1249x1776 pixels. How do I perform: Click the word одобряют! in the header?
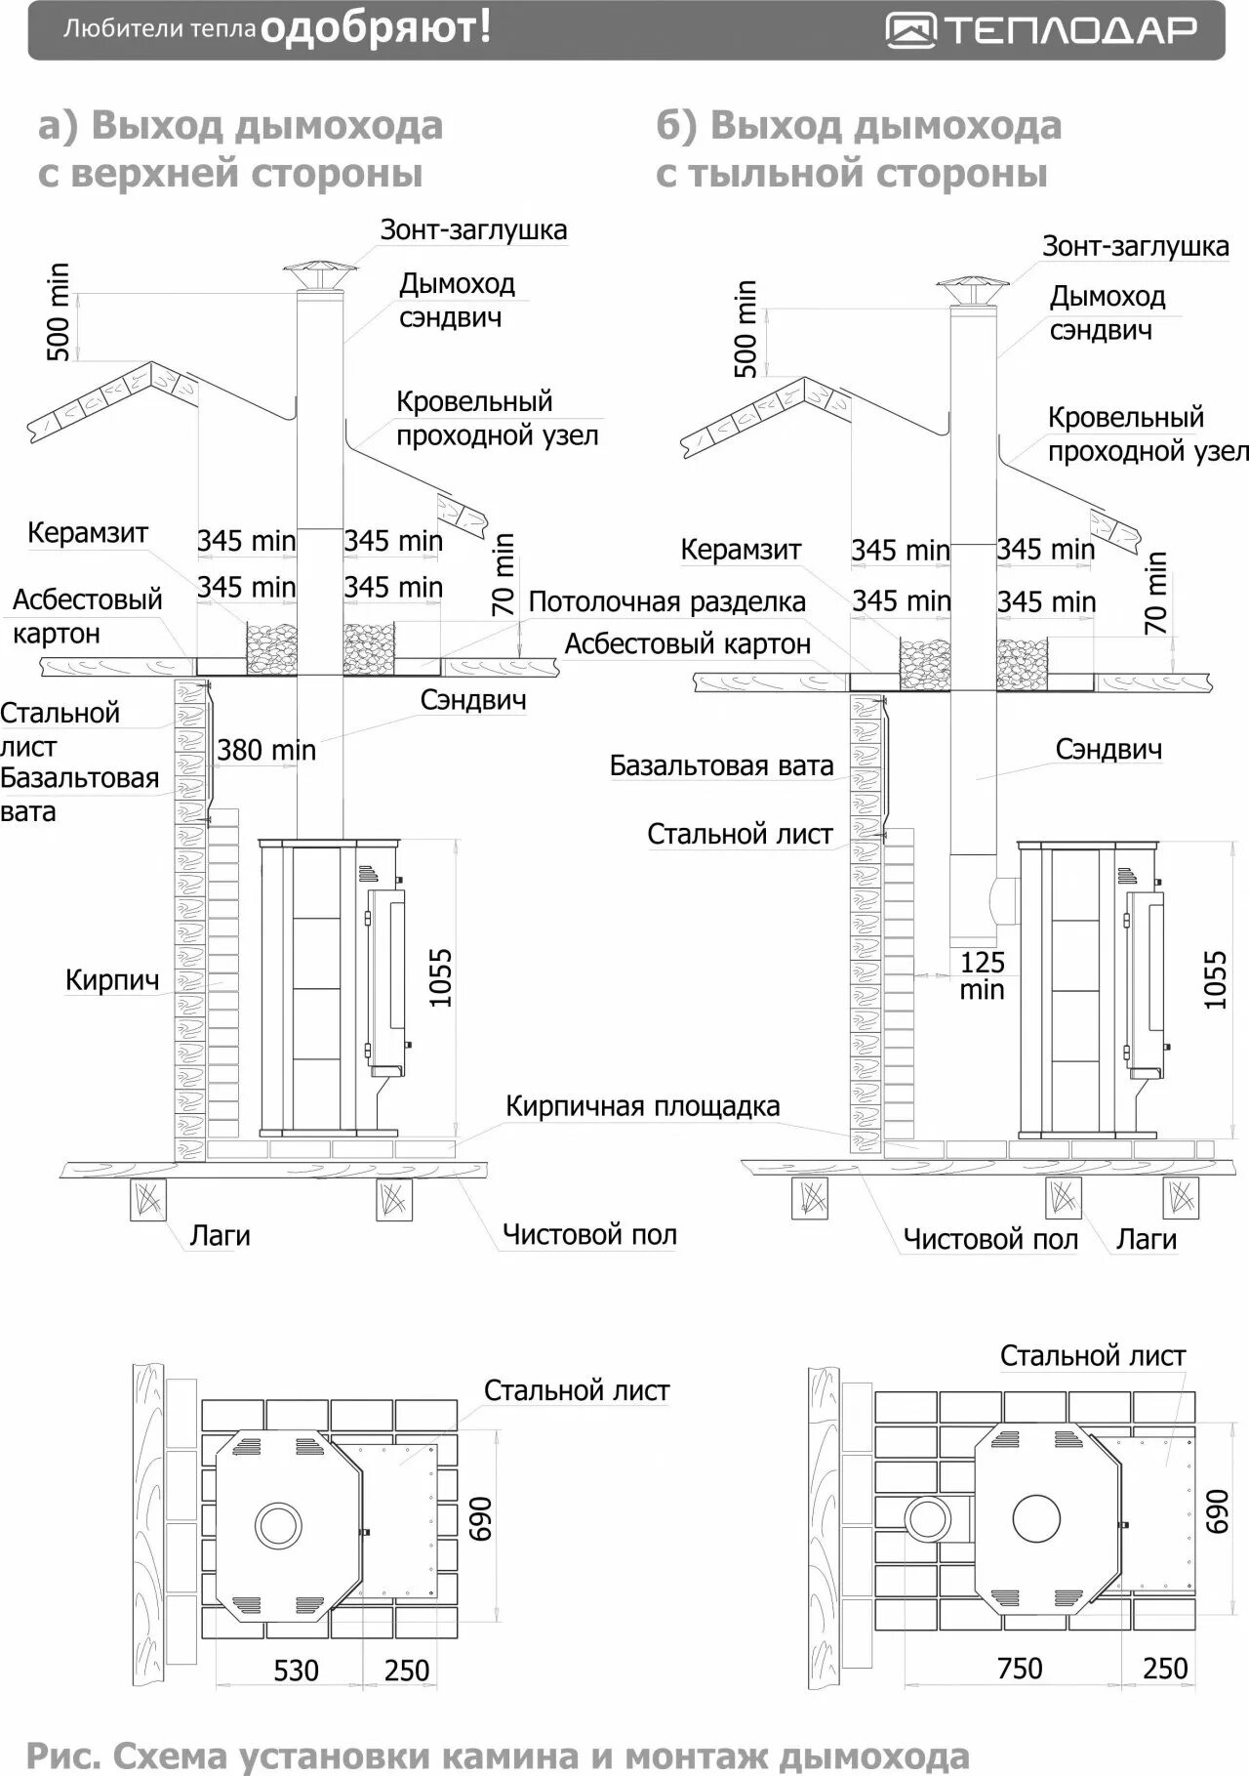(x=377, y=28)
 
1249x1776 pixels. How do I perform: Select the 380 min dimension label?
(x=266, y=750)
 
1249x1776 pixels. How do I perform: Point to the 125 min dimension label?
(x=982, y=975)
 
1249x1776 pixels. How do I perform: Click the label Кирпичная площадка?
(x=642, y=1106)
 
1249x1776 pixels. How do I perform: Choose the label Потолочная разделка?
(x=666, y=601)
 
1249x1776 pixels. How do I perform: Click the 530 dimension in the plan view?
(x=296, y=1670)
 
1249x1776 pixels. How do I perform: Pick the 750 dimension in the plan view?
(x=1020, y=1668)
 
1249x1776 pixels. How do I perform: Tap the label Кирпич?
(x=112, y=979)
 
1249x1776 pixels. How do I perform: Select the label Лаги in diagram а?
(x=220, y=1235)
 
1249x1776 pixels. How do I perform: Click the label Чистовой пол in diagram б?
(x=990, y=1239)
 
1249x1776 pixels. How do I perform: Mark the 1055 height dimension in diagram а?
(x=441, y=977)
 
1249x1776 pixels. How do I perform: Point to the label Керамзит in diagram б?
(x=741, y=550)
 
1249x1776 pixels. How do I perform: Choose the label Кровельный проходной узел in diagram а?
(x=497, y=418)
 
